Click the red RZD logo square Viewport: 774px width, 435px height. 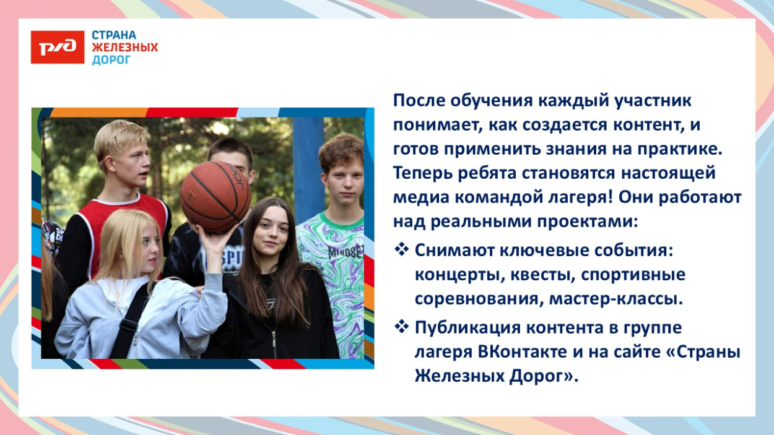[x=58, y=47]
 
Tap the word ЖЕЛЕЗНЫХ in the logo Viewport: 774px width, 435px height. [x=125, y=47]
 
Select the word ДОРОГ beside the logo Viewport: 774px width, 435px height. [x=111, y=59]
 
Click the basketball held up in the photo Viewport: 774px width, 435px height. [x=215, y=196]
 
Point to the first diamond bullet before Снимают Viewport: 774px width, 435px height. [x=402, y=250]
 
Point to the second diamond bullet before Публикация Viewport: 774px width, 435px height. [x=402, y=326]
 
